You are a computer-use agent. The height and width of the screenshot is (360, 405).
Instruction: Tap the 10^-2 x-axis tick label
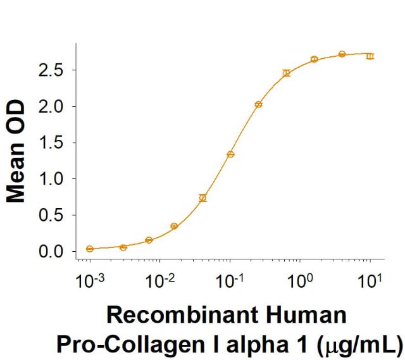[158, 281]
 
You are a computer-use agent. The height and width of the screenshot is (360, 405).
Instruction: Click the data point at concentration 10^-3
[90, 249]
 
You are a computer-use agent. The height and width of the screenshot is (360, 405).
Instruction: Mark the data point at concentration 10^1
[370, 56]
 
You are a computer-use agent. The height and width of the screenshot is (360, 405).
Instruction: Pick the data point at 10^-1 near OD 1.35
[230, 154]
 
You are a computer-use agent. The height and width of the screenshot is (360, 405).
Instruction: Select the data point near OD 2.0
[258, 104]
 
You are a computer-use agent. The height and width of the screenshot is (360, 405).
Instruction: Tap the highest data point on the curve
[342, 54]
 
